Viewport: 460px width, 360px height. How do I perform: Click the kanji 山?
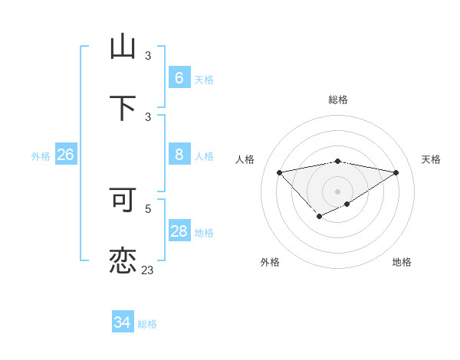123,47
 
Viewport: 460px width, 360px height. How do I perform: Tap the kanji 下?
123,109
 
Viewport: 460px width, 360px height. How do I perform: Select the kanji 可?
123,199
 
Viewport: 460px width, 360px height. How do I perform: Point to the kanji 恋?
123,260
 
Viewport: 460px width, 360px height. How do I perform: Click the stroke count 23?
148,270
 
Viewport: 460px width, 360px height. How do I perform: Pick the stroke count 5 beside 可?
148,208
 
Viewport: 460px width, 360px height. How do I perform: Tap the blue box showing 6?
179,78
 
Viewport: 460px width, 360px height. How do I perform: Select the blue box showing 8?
179,155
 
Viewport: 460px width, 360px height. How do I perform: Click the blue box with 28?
179,231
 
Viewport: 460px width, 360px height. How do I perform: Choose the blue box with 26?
65,155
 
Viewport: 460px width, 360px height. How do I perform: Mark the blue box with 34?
122,322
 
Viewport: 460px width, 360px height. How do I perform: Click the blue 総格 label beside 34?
147,324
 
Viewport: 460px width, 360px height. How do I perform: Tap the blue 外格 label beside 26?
41,156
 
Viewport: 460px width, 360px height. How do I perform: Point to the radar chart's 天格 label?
431,159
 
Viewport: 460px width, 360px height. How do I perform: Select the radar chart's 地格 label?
402,262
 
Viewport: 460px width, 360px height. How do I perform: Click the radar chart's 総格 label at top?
337,100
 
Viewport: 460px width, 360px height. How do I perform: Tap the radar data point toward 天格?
396,172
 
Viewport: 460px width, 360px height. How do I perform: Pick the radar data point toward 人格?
279,172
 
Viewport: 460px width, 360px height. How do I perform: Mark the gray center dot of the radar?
337,191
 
